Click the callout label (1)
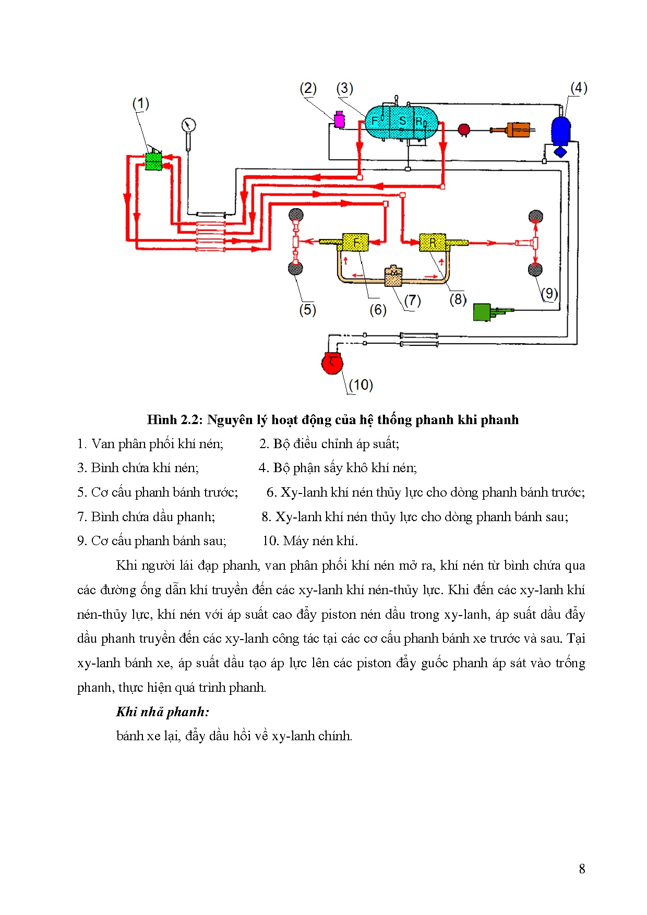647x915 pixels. (140, 104)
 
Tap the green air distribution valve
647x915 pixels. (153, 160)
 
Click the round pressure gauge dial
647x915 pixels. (188, 125)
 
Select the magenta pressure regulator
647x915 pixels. (339, 120)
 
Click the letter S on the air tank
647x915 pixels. (402, 121)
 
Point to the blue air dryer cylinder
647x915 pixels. (561, 130)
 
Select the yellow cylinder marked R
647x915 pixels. (433, 243)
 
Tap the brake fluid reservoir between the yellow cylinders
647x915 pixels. (393, 276)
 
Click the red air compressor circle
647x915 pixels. (332, 363)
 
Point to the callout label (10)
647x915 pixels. (361, 385)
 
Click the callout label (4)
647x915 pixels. (579, 88)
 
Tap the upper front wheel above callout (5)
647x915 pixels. (296, 214)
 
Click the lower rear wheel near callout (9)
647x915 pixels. (535, 269)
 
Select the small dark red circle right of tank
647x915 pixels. (463, 129)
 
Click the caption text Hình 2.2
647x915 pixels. (175, 420)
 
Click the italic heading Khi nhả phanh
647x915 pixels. (162, 712)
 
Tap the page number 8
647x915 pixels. (582, 869)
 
